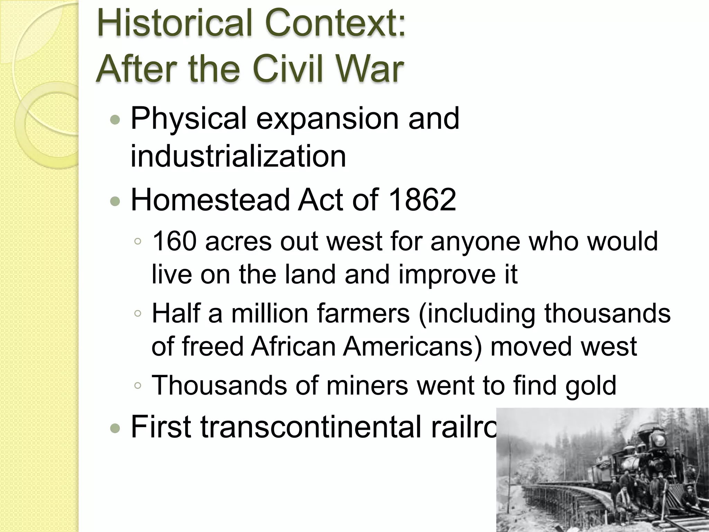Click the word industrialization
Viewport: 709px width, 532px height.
click(238, 157)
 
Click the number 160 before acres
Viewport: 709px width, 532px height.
click(174, 241)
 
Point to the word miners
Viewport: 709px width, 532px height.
click(367, 385)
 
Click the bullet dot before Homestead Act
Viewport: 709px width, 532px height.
click(115, 201)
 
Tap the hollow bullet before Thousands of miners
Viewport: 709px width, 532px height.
click(138, 386)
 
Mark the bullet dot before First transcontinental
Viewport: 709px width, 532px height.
click(115, 428)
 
